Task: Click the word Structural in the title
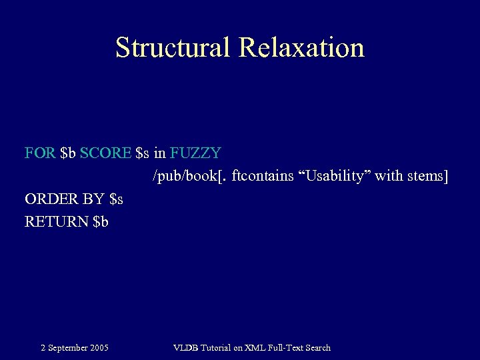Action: click(172, 48)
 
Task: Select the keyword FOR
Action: click(40, 153)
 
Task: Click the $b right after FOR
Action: click(68, 153)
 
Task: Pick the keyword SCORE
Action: click(105, 153)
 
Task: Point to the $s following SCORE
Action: click(142, 153)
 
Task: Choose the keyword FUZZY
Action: click(195, 153)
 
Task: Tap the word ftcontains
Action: click(262, 176)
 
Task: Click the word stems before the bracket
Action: click(427, 176)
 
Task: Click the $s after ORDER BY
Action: click(116, 199)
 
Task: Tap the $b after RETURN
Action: click(101, 221)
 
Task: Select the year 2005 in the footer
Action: click(99, 347)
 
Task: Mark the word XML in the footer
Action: click(253, 347)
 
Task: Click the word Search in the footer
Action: click(316, 347)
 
